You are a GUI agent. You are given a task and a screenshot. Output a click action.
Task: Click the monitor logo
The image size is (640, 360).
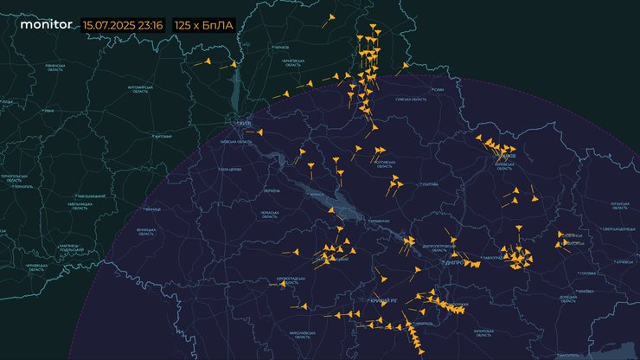tap(46, 25)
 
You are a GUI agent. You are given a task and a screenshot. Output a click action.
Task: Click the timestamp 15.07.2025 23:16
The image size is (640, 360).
tap(124, 25)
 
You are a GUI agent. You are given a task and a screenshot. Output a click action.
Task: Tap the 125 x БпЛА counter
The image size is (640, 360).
tap(204, 25)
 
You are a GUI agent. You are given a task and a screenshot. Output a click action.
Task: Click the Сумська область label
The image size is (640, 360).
tap(411, 100)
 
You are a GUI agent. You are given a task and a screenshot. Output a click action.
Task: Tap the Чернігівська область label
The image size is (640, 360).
tap(291, 62)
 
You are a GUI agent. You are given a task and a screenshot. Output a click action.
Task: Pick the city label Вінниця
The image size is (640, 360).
tap(154, 209)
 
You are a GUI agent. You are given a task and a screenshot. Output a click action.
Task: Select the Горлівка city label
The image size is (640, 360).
tap(587, 273)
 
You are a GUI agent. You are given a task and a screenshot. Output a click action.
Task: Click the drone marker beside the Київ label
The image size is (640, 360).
tap(259, 132)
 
